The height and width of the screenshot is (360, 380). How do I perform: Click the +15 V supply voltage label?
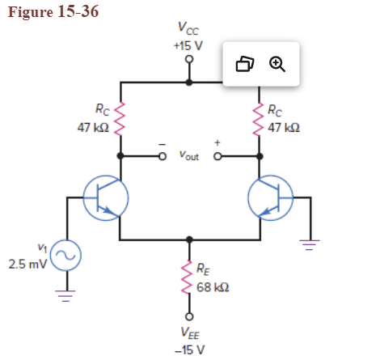click(189, 45)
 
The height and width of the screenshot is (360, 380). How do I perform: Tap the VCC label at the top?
click(188, 32)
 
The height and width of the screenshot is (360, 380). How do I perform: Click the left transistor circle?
click(106, 197)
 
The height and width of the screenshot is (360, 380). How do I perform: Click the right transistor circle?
click(272, 197)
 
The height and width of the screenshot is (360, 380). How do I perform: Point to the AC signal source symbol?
click(65, 257)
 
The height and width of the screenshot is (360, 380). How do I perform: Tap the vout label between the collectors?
click(188, 155)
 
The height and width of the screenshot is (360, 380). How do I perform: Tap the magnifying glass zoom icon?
click(277, 64)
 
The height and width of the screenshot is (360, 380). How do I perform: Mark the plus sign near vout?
click(216, 142)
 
